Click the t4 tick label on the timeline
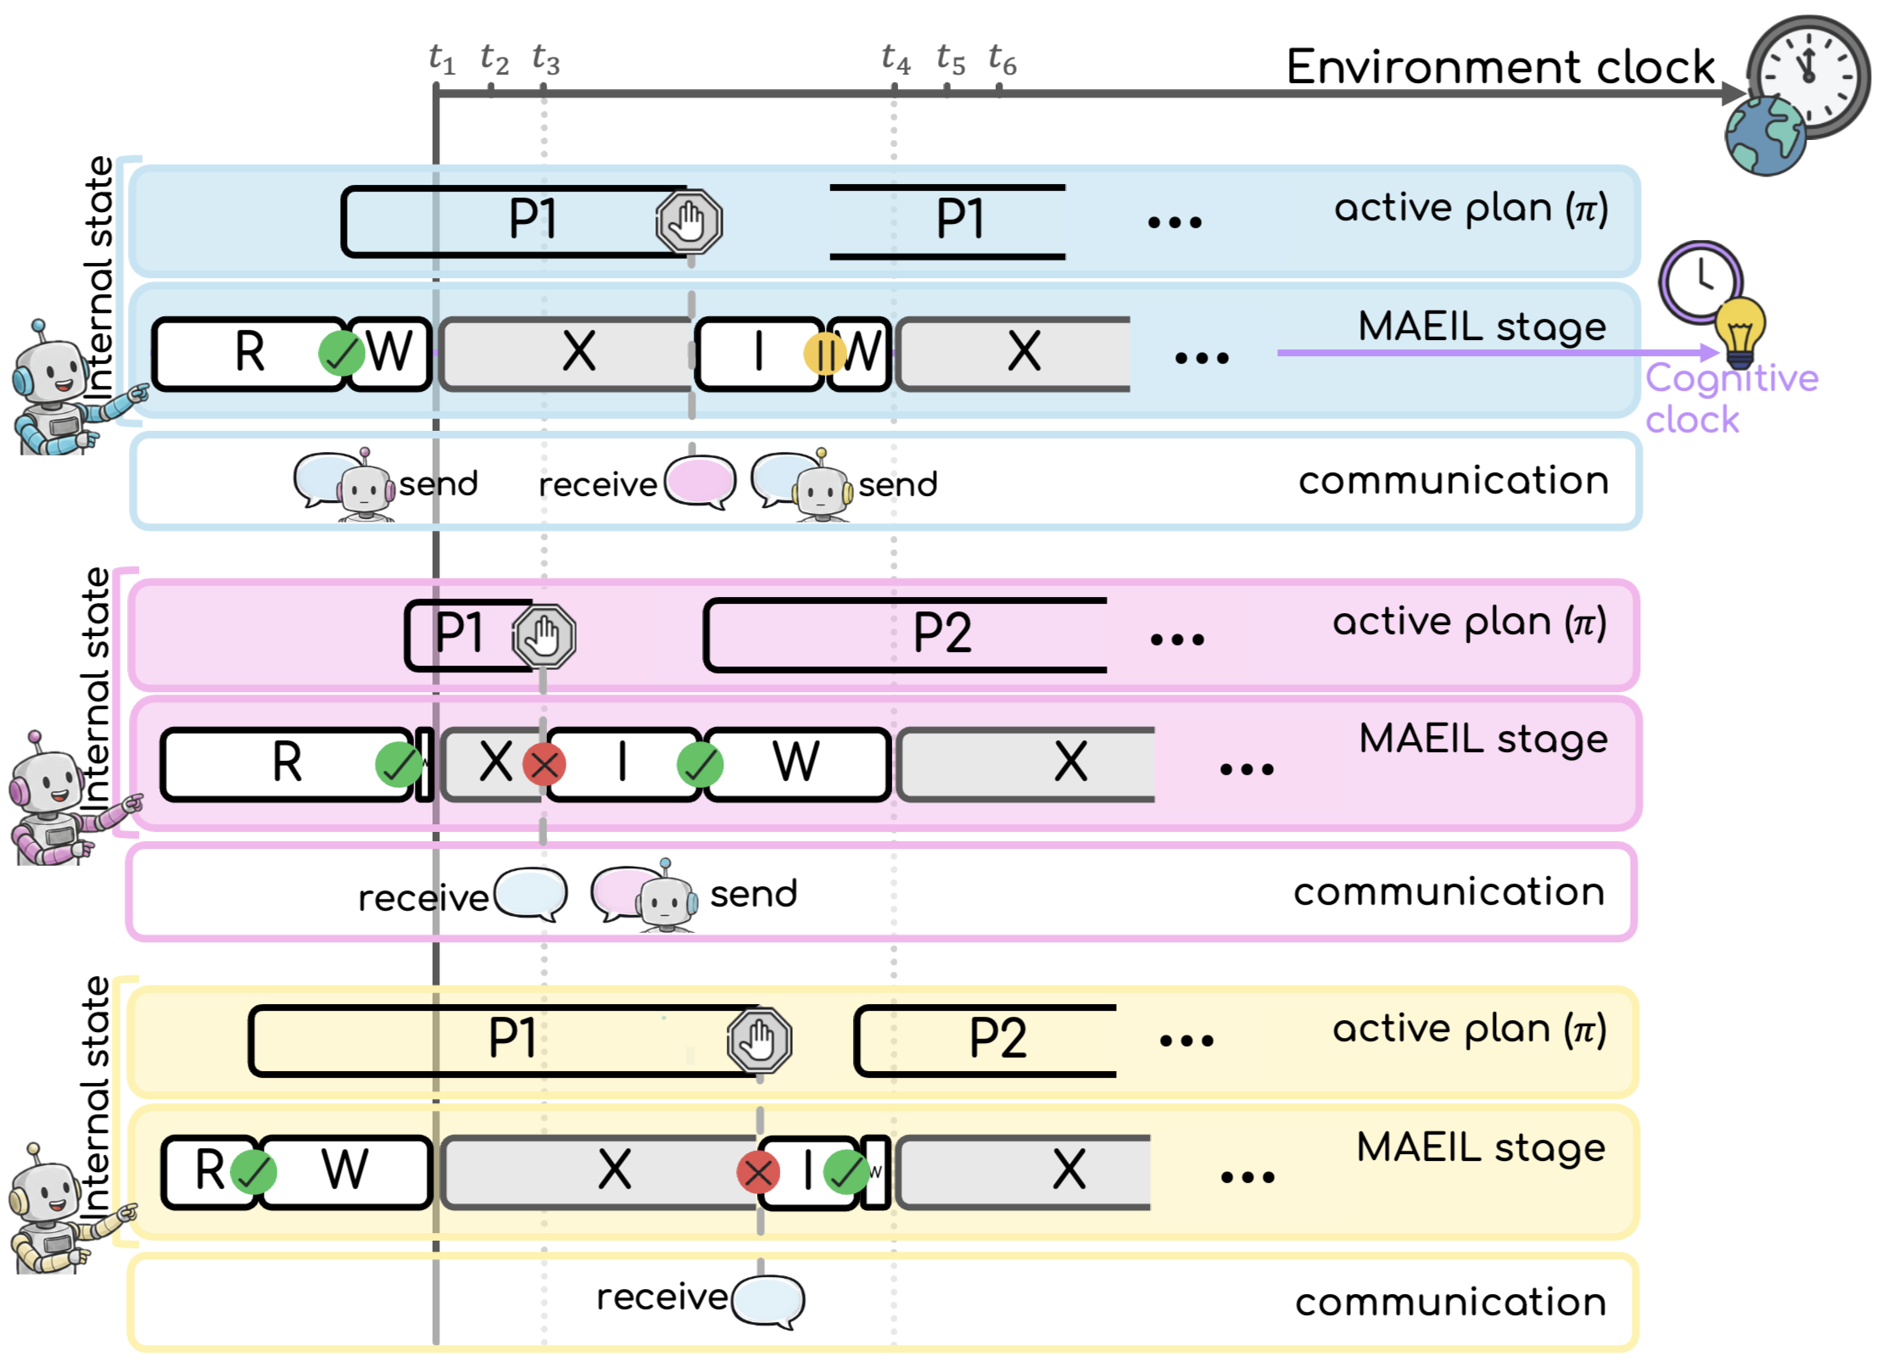click(x=895, y=59)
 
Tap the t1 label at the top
click(x=441, y=59)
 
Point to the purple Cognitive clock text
click(x=1730, y=399)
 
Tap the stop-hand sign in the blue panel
click(x=689, y=222)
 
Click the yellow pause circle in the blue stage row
click(x=823, y=354)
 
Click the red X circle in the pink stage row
click(x=544, y=765)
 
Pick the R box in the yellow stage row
click(x=209, y=1172)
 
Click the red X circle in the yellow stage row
click(x=758, y=1174)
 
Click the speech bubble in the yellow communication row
click(x=767, y=1299)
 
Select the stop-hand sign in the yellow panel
click(x=759, y=1041)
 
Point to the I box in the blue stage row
click(x=758, y=354)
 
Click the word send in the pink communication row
click(x=753, y=894)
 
